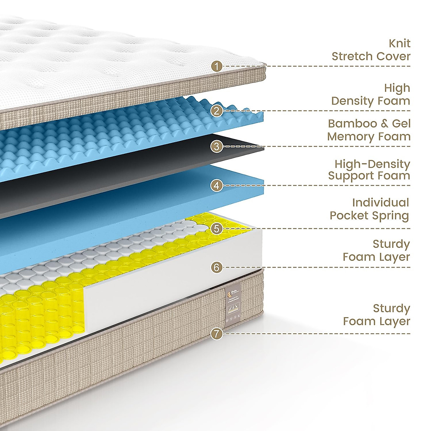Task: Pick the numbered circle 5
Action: coord(216,228)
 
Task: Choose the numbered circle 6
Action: coord(216,267)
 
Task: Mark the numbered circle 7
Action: coord(216,334)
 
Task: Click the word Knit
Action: coord(399,43)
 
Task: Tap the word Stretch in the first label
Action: coord(352,56)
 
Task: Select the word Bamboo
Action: coord(352,124)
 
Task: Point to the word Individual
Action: coord(380,203)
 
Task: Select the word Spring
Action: coord(391,216)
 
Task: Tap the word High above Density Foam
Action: coord(397,88)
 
